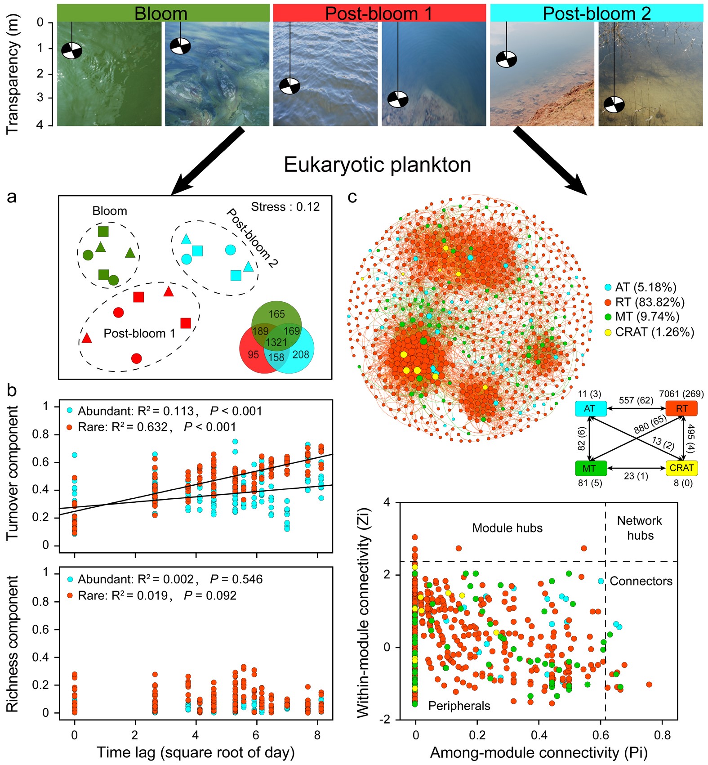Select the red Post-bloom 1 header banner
[x=379, y=13]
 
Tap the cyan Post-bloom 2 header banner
[x=596, y=13]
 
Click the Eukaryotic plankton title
[x=377, y=165]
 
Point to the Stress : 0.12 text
[x=285, y=207]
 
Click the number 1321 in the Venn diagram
[x=276, y=342]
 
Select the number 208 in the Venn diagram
[x=300, y=355]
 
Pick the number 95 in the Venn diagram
[x=253, y=355]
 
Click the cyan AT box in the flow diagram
[x=590, y=408]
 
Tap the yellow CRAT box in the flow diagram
[x=681, y=468]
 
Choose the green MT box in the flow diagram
[x=590, y=468]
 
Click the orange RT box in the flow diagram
[x=681, y=408]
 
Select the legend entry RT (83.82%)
[x=649, y=302]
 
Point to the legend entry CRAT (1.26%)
[x=654, y=332]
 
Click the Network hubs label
[x=640, y=528]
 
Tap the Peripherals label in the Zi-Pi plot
[x=459, y=706]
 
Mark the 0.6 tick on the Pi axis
[x=601, y=736]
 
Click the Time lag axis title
[x=196, y=752]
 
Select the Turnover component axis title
[x=13, y=472]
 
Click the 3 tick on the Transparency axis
[x=40, y=98]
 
